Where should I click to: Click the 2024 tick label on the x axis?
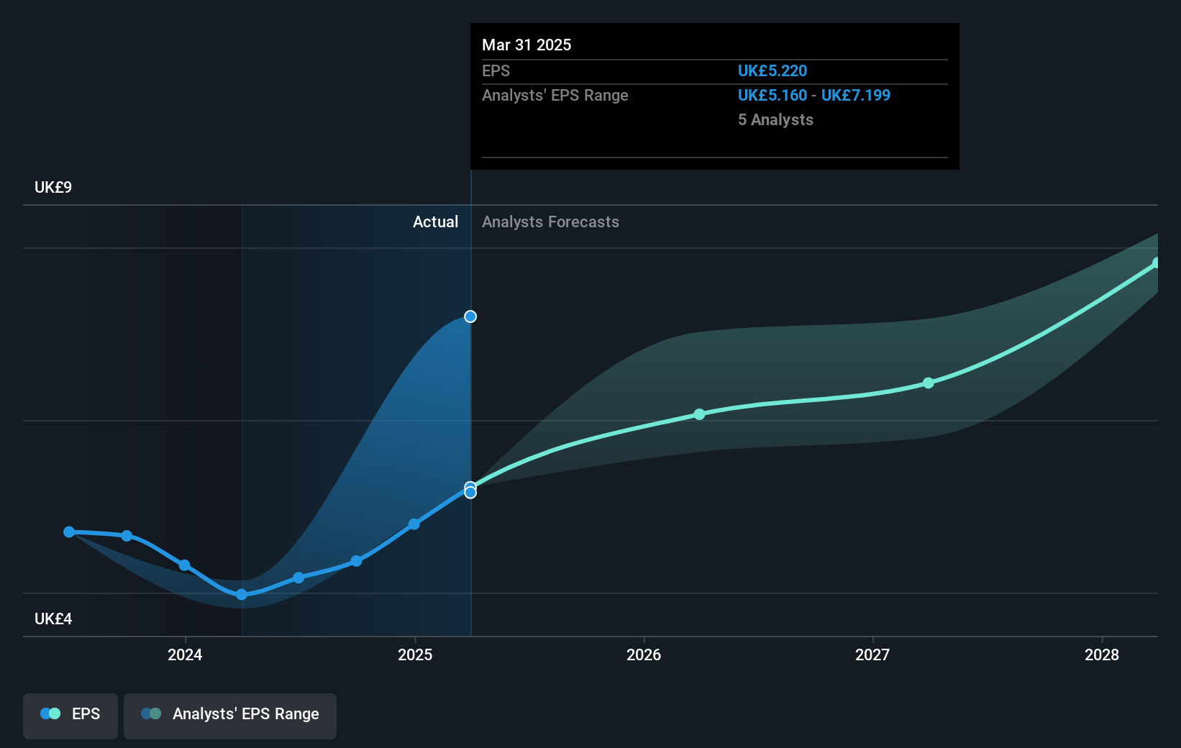[185, 654]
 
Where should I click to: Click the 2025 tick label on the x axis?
[415, 654]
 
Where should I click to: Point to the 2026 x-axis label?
[644, 654]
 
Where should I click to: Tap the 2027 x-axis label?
[872, 654]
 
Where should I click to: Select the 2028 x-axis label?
[1102, 654]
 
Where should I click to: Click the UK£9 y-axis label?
[53, 187]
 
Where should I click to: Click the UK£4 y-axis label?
[53, 619]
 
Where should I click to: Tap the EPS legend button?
[70, 715]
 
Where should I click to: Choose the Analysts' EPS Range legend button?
[230, 715]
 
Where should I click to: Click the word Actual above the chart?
[435, 222]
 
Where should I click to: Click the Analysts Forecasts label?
[550, 222]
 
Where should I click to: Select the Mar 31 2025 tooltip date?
[526, 45]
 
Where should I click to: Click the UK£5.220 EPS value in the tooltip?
[772, 70]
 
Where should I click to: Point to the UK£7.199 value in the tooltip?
[856, 95]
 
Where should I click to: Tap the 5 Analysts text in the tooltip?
[775, 119]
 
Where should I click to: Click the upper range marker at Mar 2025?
[470, 316]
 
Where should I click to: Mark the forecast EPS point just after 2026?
[700, 414]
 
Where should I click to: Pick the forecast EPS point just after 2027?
[929, 383]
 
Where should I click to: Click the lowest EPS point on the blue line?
[242, 594]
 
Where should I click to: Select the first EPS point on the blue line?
[69, 532]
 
